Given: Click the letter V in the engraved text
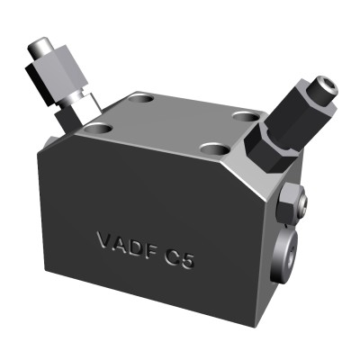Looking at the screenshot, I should [103, 240].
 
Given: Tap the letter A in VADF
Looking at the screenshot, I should [120, 242].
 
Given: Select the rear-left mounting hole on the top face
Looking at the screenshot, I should [141, 96].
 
